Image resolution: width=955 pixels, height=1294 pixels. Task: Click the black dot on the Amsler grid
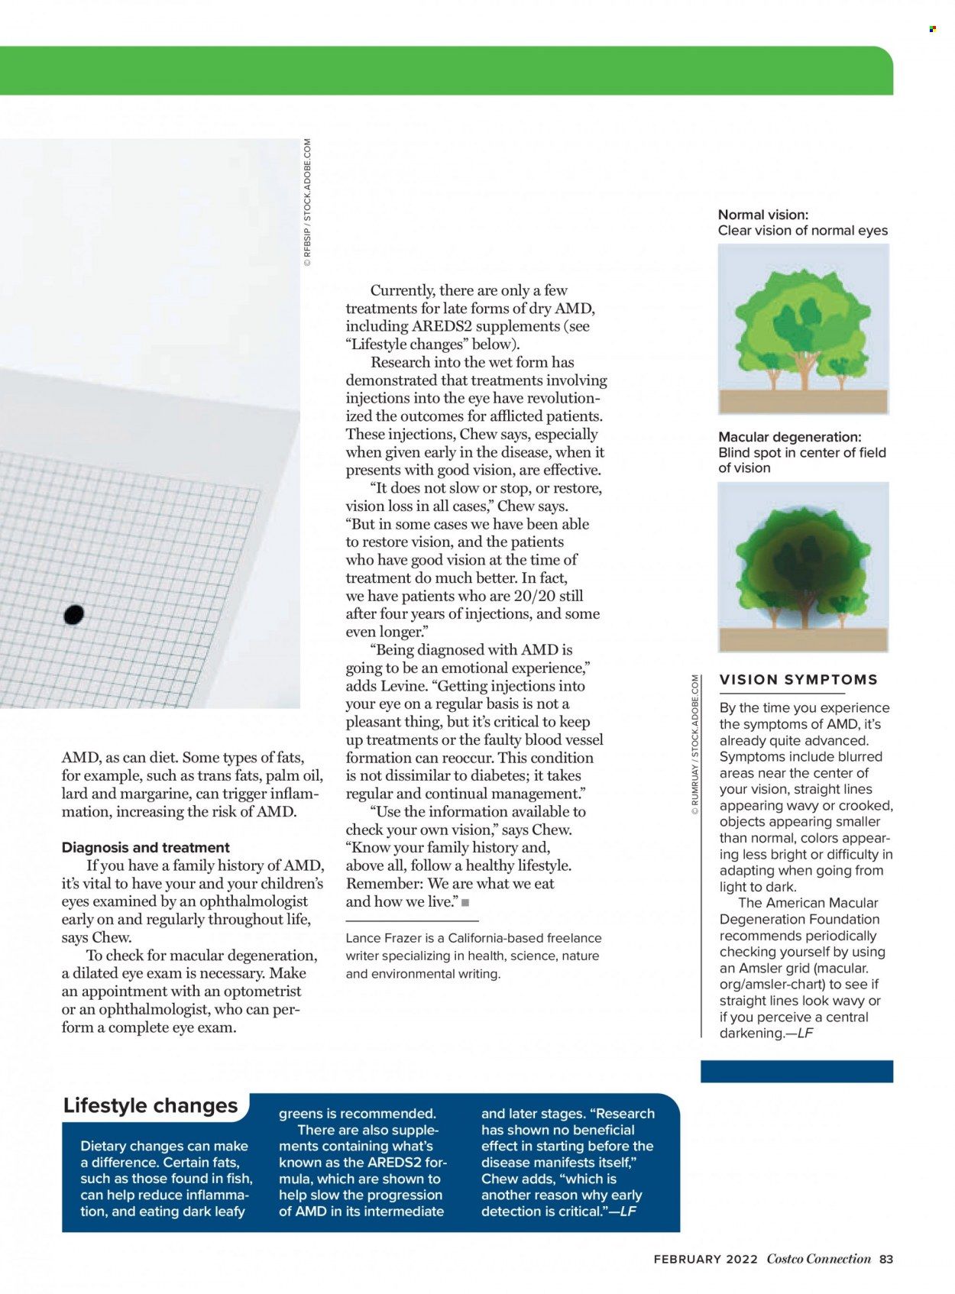(73, 614)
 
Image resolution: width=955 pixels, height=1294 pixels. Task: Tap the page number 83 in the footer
(885, 1259)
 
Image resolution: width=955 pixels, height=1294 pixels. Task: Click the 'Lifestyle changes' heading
(151, 1105)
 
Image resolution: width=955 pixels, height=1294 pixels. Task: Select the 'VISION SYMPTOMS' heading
(798, 680)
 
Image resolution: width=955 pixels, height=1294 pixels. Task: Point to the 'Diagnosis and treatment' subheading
(145, 847)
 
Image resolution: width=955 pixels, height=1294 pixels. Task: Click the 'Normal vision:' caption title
(762, 215)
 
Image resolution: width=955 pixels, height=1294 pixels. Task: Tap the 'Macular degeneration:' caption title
(789, 437)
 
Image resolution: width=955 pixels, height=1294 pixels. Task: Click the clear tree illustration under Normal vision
(803, 329)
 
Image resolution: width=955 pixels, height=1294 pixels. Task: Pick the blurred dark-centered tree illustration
(803, 566)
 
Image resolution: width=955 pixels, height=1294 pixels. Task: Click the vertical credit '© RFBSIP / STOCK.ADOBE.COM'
(307, 202)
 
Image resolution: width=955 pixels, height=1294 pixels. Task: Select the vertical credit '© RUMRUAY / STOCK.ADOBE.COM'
(694, 745)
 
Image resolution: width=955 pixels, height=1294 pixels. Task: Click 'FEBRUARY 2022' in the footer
(705, 1259)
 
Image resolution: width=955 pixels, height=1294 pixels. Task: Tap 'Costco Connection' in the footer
(818, 1259)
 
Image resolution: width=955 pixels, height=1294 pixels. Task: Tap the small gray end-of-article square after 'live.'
(465, 903)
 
